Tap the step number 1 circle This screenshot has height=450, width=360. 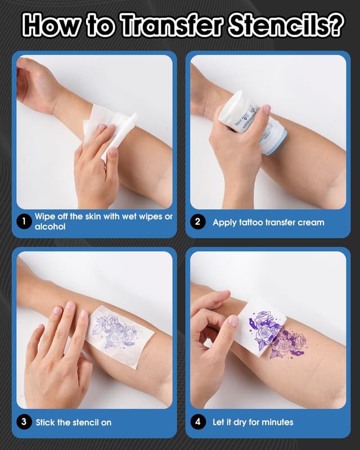pos(24,222)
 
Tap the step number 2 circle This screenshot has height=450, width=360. pos(197,222)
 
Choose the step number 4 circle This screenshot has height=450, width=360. pos(197,422)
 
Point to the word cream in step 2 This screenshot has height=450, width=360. pos(311,222)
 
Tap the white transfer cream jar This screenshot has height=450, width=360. pos(247,115)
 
